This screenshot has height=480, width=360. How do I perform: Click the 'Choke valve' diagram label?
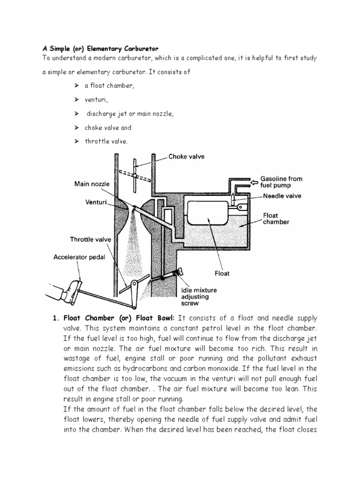[187, 157]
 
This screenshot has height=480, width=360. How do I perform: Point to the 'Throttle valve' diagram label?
[90, 239]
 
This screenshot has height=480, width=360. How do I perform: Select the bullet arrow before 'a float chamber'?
[76, 86]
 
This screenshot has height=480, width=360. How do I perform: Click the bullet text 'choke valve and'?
[108, 127]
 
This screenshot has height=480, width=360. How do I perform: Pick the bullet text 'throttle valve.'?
[106, 141]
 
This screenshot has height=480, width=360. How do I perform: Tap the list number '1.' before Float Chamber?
[54, 316]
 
